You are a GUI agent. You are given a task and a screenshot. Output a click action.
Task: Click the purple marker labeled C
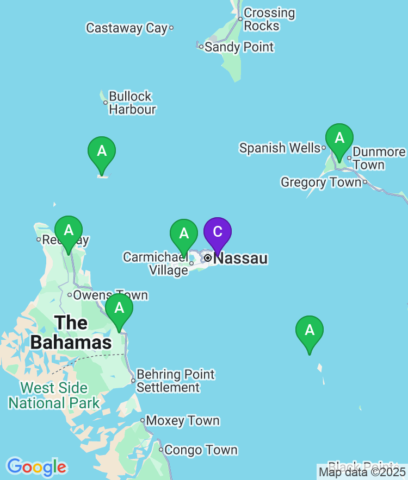click(218, 233)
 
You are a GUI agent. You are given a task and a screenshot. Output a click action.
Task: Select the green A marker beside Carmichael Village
click(184, 235)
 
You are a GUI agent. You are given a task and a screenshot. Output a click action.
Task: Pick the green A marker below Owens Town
click(119, 309)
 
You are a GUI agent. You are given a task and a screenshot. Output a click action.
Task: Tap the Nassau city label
click(240, 258)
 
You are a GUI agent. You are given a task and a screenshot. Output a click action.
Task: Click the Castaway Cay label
click(127, 28)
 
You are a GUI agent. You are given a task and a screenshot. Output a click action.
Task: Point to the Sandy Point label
click(239, 47)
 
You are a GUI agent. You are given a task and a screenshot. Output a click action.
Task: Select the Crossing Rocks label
click(269, 19)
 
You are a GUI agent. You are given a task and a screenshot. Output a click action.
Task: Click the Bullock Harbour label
click(132, 103)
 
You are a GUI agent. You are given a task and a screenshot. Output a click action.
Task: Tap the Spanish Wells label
click(280, 148)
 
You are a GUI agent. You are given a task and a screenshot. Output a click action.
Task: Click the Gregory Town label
click(321, 182)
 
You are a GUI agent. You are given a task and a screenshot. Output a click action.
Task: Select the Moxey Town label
click(183, 421)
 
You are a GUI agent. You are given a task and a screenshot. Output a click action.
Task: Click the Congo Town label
click(200, 450)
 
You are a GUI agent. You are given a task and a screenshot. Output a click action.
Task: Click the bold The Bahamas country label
click(71, 332)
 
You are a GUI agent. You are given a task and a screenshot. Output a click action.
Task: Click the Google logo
click(36, 466)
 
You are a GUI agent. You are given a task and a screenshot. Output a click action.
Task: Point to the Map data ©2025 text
click(362, 471)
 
